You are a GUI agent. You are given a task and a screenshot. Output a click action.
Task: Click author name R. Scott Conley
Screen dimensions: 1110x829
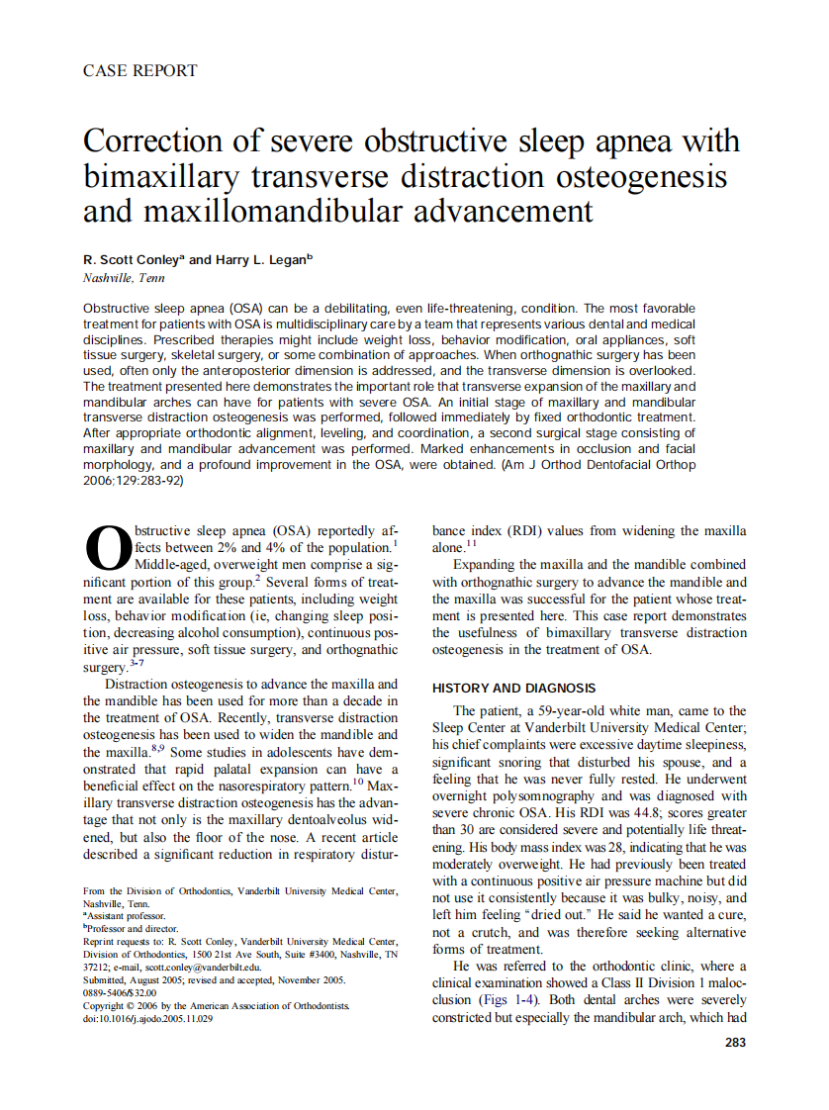coord(132,259)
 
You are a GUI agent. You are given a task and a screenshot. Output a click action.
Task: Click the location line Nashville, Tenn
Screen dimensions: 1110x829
coord(124,278)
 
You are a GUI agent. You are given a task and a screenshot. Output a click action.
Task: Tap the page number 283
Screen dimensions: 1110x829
coord(735,1042)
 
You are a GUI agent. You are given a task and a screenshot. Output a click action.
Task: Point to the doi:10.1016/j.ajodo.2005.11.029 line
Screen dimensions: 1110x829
coord(147,1018)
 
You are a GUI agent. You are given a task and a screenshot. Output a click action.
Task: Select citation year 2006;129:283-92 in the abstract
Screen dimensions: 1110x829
coord(133,481)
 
